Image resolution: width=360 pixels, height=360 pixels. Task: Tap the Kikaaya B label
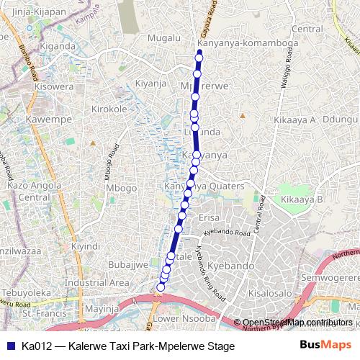[302, 199]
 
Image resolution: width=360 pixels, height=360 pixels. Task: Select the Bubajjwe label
[128, 264]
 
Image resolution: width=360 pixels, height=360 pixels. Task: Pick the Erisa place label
[208, 217]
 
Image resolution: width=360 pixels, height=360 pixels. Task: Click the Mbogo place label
[121, 188]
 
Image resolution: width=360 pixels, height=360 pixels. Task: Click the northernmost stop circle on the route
[199, 58]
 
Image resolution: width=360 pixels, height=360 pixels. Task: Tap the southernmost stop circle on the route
[161, 287]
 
